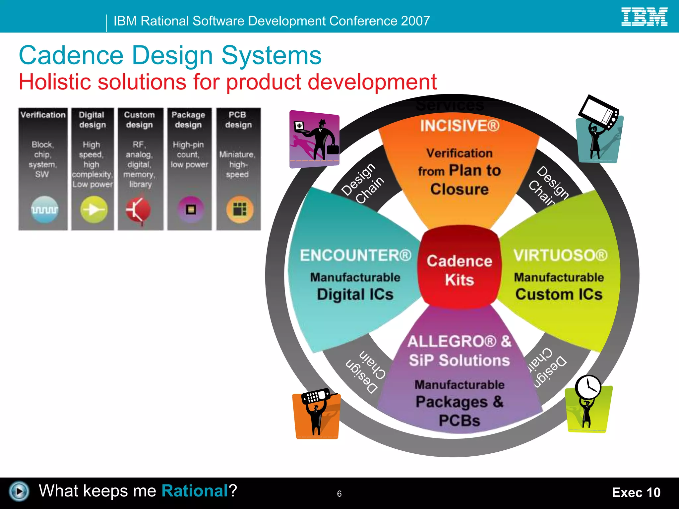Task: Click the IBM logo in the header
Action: click(644, 17)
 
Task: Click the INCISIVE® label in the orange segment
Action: click(460, 126)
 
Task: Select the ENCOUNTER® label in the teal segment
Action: click(355, 255)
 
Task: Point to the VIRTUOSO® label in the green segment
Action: click(560, 255)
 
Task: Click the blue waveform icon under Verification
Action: click(44, 209)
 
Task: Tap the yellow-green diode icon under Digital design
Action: click(94, 209)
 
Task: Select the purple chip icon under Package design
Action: click(190, 209)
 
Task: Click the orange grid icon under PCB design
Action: click(240, 209)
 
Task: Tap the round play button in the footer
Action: click(19, 491)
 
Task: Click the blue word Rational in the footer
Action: click(195, 491)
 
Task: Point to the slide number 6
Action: click(339, 494)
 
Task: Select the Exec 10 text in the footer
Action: click(636, 492)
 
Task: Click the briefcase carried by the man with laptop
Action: click(333, 149)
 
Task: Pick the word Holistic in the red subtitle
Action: click(55, 82)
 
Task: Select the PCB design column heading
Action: click(238, 120)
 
